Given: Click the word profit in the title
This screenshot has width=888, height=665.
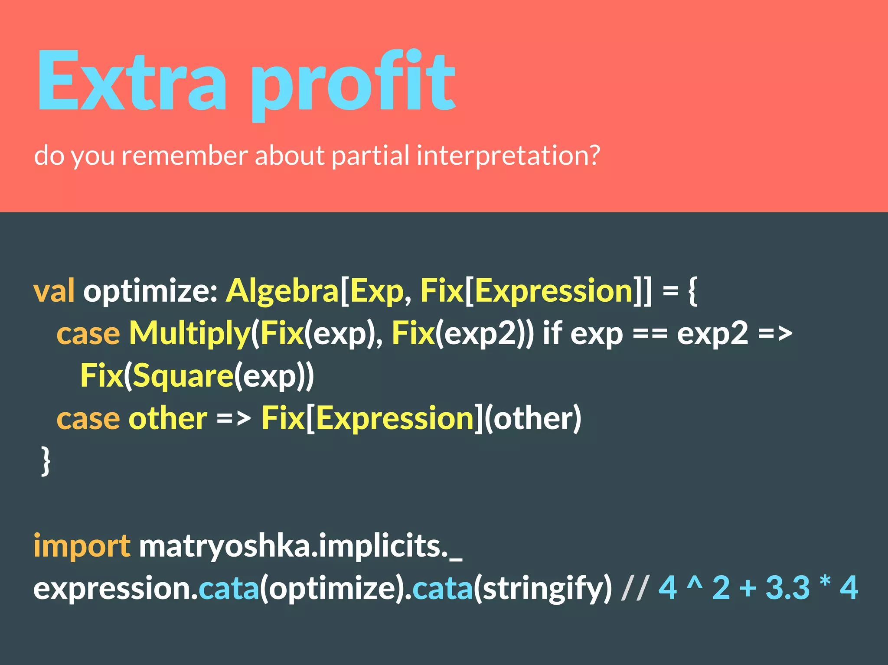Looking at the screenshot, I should tap(353, 85).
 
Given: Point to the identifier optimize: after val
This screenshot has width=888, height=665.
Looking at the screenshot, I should tap(150, 291).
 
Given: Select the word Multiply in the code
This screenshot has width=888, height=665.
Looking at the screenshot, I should tap(189, 334).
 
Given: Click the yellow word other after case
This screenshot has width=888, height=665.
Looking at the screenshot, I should tap(168, 418).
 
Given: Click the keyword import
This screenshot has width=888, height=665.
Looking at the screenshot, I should tap(82, 546).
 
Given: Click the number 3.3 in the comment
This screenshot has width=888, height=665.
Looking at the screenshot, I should tap(787, 588).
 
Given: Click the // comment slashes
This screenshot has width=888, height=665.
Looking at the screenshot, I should tap(635, 588).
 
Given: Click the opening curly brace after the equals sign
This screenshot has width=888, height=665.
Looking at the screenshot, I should tap(692, 291).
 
